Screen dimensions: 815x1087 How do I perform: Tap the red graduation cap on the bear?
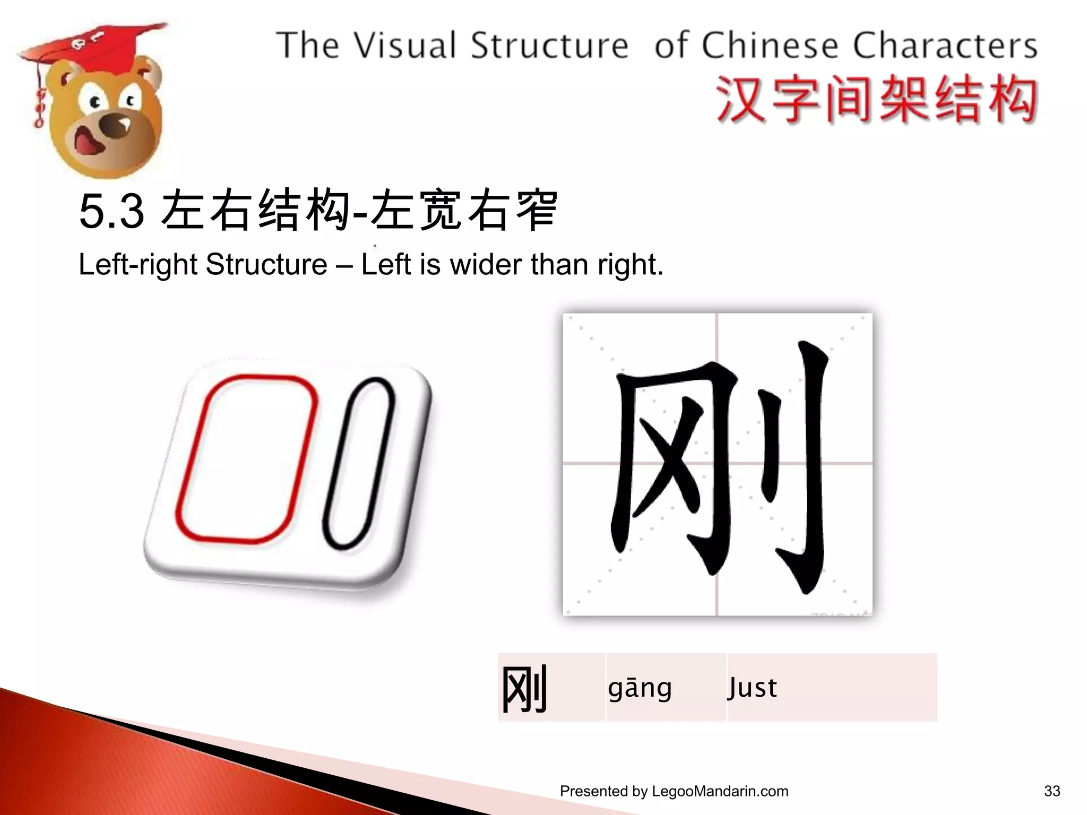click(x=101, y=45)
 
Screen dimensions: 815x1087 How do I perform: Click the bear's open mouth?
click(x=88, y=141)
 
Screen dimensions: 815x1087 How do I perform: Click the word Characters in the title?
click(x=945, y=46)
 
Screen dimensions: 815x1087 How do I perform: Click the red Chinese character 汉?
click(x=740, y=100)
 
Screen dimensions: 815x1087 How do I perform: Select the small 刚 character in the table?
click(x=524, y=689)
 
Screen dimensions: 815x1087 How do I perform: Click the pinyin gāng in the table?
click(x=640, y=688)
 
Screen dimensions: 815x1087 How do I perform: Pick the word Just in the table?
click(x=752, y=688)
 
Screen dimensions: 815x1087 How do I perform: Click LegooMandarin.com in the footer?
click(x=720, y=791)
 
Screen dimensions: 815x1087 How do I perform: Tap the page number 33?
click(x=1051, y=791)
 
